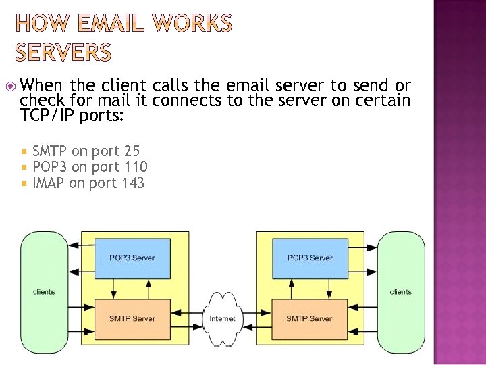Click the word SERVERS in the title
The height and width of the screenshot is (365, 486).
(x=63, y=51)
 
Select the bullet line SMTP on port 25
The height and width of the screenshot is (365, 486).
(x=86, y=151)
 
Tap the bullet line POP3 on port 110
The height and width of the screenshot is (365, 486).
(x=90, y=167)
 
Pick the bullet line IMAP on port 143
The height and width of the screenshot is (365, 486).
(x=88, y=182)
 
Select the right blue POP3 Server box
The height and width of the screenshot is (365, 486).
(x=309, y=258)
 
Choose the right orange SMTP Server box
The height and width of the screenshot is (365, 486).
(x=309, y=318)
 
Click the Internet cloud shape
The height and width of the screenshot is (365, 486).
(x=222, y=318)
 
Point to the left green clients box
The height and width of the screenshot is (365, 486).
(x=44, y=292)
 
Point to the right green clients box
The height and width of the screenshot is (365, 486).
(x=400, y=292)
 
